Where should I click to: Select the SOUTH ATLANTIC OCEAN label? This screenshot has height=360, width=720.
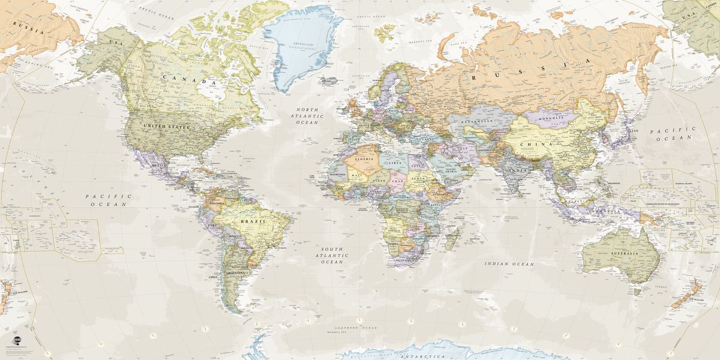tap(331, 255)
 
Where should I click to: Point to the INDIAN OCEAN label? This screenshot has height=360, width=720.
tap(509, 263)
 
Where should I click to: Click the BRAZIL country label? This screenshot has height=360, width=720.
tap(248, 221)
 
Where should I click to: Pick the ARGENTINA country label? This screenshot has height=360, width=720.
tap(233, 273)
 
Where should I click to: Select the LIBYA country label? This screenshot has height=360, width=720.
tap(395, 163)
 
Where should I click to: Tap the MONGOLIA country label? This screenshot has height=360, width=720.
tap(551, 118)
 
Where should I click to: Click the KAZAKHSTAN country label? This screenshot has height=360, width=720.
tap(476, 121)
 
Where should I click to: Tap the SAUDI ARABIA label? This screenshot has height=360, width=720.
tap(451, 170)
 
